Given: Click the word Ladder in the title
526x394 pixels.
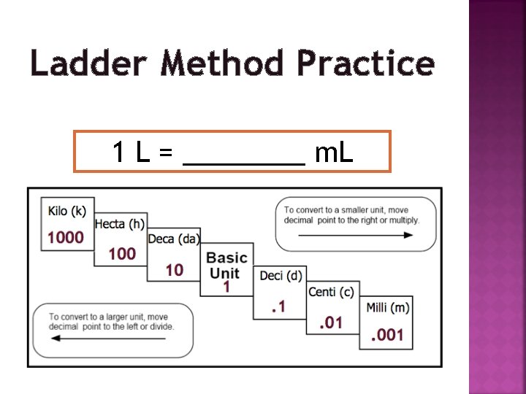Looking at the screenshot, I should (x=89, y=63).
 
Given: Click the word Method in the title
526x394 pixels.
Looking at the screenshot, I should (x=221, y=63).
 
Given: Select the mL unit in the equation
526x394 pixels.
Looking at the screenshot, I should (x=334, y=152).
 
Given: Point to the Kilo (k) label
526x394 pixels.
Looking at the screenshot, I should (x=67, y=212).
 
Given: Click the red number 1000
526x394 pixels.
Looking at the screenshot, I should (x=66, y=237).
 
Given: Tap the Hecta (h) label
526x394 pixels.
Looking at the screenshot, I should (x=120, y=225).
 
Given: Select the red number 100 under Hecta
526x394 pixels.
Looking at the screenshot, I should (x=122, y=254).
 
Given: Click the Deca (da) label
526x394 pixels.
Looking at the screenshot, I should (x=174, y=239).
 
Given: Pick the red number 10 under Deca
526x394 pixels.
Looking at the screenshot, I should (x=175, y=270).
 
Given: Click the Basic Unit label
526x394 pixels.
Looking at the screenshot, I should (x=226, y=266).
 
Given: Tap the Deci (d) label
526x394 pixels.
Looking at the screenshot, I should (x=281, y=275).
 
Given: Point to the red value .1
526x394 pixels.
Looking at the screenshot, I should (x=278, y=307).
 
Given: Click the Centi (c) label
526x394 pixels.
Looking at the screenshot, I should (x=331, y=292).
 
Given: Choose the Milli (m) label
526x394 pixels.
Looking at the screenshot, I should (x=387, y=308).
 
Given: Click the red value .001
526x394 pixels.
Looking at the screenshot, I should (x=387, y=336).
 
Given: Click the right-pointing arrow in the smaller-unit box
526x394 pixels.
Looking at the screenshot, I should (x=356, y=236).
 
